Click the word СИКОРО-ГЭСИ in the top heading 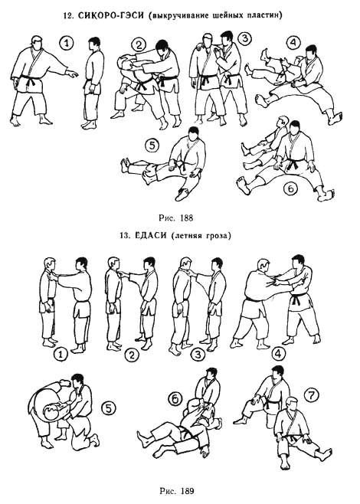(111, 15)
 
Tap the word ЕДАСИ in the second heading (151, 236)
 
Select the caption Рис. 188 (176, 218)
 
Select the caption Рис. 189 (177, 491)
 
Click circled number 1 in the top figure (67, 43)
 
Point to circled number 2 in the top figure (139, 44)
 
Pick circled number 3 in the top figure (244, 38)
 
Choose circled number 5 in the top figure (152, 146)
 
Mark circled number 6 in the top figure (290, 189)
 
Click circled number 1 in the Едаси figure (61, 355)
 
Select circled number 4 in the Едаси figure (278, 354)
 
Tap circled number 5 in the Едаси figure (108, 408)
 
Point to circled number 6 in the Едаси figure (175, 399)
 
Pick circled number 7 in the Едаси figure (312, 396)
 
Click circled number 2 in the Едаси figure (132, 355)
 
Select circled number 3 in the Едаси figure (198, 354)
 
